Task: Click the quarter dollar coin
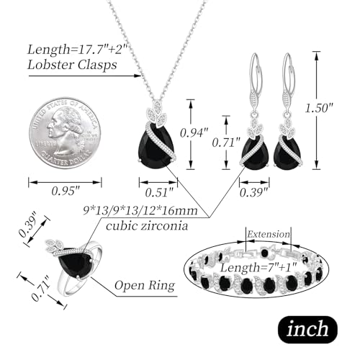tap(65, 132)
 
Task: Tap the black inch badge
tap(307, 329)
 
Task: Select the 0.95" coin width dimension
tap(66, 191)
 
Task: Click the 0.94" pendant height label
tap(194, 132)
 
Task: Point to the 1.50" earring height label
tap(320, 108)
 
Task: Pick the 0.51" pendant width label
tap(159, 192)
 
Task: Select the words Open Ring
tap(145, 285)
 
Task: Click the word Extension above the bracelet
tap(269, 234)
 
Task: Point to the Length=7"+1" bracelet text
tap(258, 268)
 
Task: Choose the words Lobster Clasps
tap(72, 65)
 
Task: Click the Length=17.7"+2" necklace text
tap(77, 50)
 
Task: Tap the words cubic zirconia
tap(147, 226)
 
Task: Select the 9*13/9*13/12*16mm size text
tap(140, 211)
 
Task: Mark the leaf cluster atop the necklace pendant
tap(157, 114)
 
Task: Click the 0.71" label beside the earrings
tap(226, 143)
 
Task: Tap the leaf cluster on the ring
tap(55, 246)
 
